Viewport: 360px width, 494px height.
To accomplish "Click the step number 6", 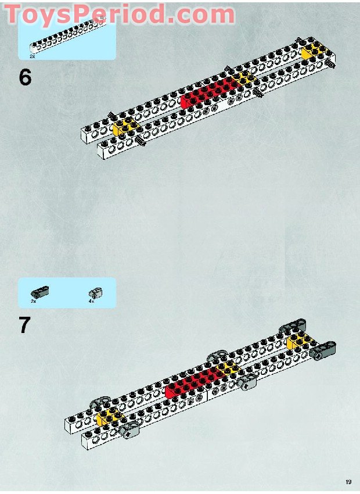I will (25, 77).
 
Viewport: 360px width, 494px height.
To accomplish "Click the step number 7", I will (24, 325).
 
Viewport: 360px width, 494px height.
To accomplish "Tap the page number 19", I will (348, 482).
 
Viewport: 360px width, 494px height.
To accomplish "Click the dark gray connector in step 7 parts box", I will (40, 291).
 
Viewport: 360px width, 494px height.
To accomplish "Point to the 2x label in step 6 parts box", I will (33, 56).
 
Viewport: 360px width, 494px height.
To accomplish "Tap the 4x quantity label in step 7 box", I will (91, 302).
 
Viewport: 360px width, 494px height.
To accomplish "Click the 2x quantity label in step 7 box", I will (33, 302).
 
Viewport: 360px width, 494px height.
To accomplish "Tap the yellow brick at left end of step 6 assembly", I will (124, 128).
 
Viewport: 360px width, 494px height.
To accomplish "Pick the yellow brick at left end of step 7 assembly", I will (108, 416).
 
